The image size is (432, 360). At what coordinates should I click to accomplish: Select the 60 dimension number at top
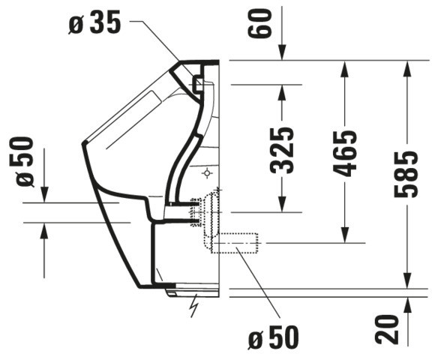[258, 23]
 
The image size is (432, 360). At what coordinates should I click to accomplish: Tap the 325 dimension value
[281, 151]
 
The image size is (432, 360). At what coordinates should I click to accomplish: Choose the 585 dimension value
[406, 174]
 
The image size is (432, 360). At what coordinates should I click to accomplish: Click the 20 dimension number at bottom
[387, 329]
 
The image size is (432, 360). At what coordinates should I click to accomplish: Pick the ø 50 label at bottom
[274, 337]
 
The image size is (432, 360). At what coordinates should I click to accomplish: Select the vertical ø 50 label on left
[21, 162]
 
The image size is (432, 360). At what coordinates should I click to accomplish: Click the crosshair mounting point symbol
[207, 173]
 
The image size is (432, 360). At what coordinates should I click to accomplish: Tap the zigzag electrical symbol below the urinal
[195, 306]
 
